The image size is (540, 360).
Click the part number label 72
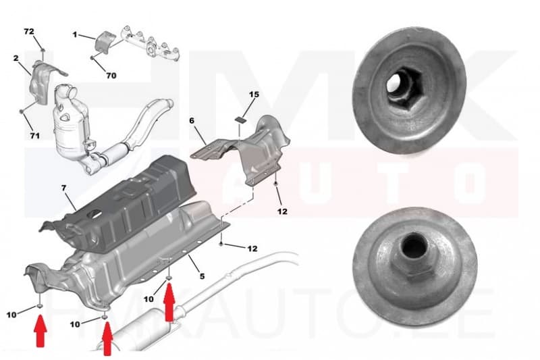(29, 32)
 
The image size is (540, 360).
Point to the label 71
(34, 136)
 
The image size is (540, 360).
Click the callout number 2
(16, 59)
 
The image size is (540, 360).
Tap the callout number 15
(253, 95)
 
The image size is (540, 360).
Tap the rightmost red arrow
(169, 301)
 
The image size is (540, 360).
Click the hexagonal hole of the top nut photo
(396, 87)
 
